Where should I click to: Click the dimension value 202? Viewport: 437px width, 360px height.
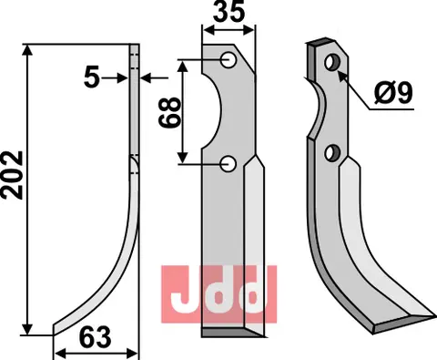[x=13, y=175]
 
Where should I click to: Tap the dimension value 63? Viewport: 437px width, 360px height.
[x=96, y=337]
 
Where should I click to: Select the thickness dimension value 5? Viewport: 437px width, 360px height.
[x=92, y=77]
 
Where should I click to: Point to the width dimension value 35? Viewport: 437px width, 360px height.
[x=229, y=12]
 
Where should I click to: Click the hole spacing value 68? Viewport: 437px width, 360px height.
[x=169, y=112]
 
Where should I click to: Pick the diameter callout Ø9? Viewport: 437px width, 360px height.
[x=393, y=93]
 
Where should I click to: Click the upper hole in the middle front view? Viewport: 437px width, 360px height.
[x=229, y=60]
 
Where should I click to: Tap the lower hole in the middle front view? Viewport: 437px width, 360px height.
[x=229, y=164]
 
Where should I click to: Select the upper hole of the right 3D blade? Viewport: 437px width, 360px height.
[x=332, y=62]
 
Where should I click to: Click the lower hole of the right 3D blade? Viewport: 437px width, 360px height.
[x=331, y=153]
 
